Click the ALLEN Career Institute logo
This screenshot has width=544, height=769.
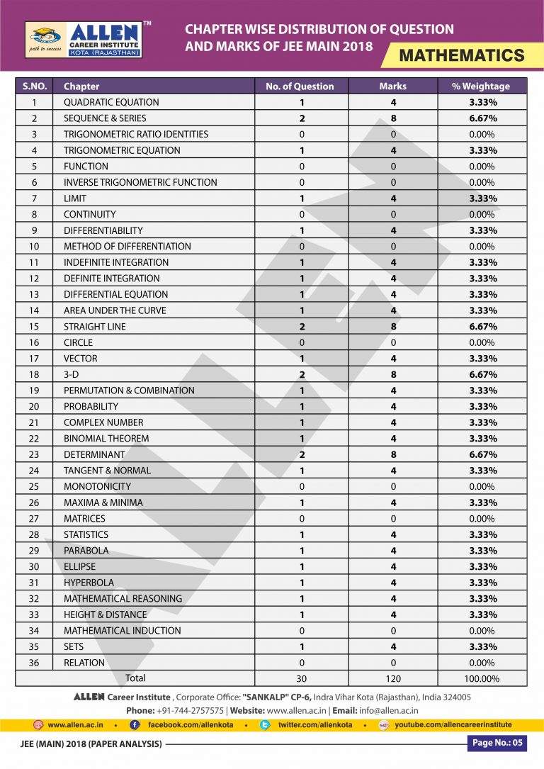[84, 40]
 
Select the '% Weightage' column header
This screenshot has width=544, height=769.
[481, 86]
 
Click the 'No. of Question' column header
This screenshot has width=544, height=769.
[300, 86]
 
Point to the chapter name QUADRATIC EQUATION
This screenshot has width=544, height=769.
[111, 102]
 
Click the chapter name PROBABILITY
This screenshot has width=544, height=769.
[91, 406]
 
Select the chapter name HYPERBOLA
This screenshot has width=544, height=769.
[89, 583]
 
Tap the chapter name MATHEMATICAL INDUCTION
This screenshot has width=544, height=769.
[122, 631]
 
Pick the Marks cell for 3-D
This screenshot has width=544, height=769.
[393, 374]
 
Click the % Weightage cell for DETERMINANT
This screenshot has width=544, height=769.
[481, 454]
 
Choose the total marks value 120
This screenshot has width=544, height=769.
[393, 679]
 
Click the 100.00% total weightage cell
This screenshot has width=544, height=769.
[481, 679]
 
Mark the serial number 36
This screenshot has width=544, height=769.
[33, 663]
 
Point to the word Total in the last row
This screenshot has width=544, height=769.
[135, 678]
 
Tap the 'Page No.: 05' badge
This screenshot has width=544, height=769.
[497, 743]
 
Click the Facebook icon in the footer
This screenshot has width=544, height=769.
[135, 725]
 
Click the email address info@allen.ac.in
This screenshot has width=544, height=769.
[389, 710]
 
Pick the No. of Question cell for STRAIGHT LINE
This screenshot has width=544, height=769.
[301, 327]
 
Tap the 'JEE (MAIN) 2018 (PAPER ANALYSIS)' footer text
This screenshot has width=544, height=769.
[90, 744]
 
